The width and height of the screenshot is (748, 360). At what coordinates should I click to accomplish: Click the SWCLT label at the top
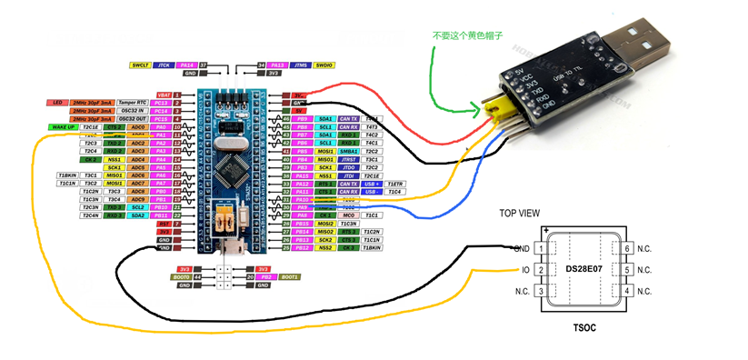tap(140, 65)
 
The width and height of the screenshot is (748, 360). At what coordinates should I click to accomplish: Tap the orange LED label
tap(56, 103)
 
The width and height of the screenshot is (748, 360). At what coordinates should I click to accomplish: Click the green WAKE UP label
tap(62, 127)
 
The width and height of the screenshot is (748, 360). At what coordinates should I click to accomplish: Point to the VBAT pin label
tap(165, 95)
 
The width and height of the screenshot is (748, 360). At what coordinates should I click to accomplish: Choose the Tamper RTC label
tap(133, 103)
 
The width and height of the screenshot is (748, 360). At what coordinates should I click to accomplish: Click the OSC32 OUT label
tap(133, 119)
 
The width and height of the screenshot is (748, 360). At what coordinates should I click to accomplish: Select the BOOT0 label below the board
tap(182, 277)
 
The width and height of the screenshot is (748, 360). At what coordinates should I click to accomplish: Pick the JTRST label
tap(347, 159)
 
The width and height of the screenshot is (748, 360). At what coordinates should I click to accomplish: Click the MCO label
tap(347, 215)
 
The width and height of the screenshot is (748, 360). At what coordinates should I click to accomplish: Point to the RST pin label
tap(165, 223)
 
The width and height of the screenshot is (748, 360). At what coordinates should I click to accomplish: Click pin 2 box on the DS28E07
tap(543, 270)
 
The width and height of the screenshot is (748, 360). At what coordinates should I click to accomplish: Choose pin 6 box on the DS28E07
tap(627, 248)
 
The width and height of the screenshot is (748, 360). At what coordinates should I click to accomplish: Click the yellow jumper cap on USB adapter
tap(495, 110)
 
